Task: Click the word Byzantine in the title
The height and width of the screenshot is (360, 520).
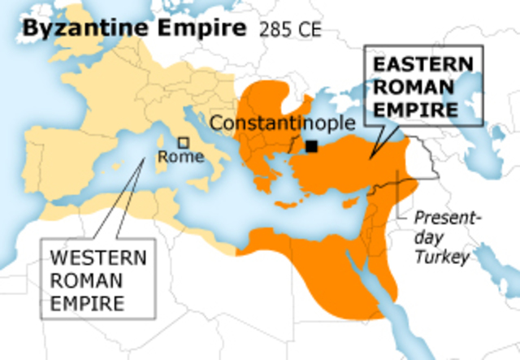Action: (x=71, y=30)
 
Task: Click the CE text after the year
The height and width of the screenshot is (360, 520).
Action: (x=307, y=32)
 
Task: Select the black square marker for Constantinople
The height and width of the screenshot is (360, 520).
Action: (x=311, y=146)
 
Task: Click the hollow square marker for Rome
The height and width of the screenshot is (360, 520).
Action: (x=184, y=142)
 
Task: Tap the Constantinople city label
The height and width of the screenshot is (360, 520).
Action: (x=284, y=124)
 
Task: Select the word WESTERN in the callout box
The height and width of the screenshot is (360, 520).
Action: (x=99, y=259)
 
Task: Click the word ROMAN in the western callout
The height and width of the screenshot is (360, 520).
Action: (x=88, y=280)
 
